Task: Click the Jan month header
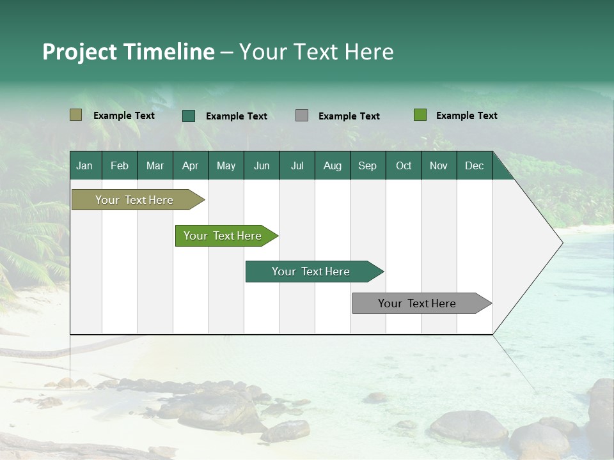click(x=84, y=165)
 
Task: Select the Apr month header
click(x=190, y=165)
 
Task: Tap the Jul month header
click(x=297, y=165)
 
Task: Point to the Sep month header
click(x=367, y=165)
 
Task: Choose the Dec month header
click(x=474, y=165)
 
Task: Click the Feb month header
click(x=120, y=165)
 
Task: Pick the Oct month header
click(x=404, y=165)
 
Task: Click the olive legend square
click(x=75, y=115)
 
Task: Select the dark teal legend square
click(x=189, y=116)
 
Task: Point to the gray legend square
click(x=302, y=116)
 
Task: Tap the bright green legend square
click(x=420, y=115)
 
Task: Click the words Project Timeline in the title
click(x=129, y=52)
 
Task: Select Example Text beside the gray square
click(x=349, y=116)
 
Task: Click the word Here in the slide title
click(x=369, y=52)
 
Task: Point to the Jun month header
click(x=262, y=165)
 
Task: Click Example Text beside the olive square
click(x=124, y=116)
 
